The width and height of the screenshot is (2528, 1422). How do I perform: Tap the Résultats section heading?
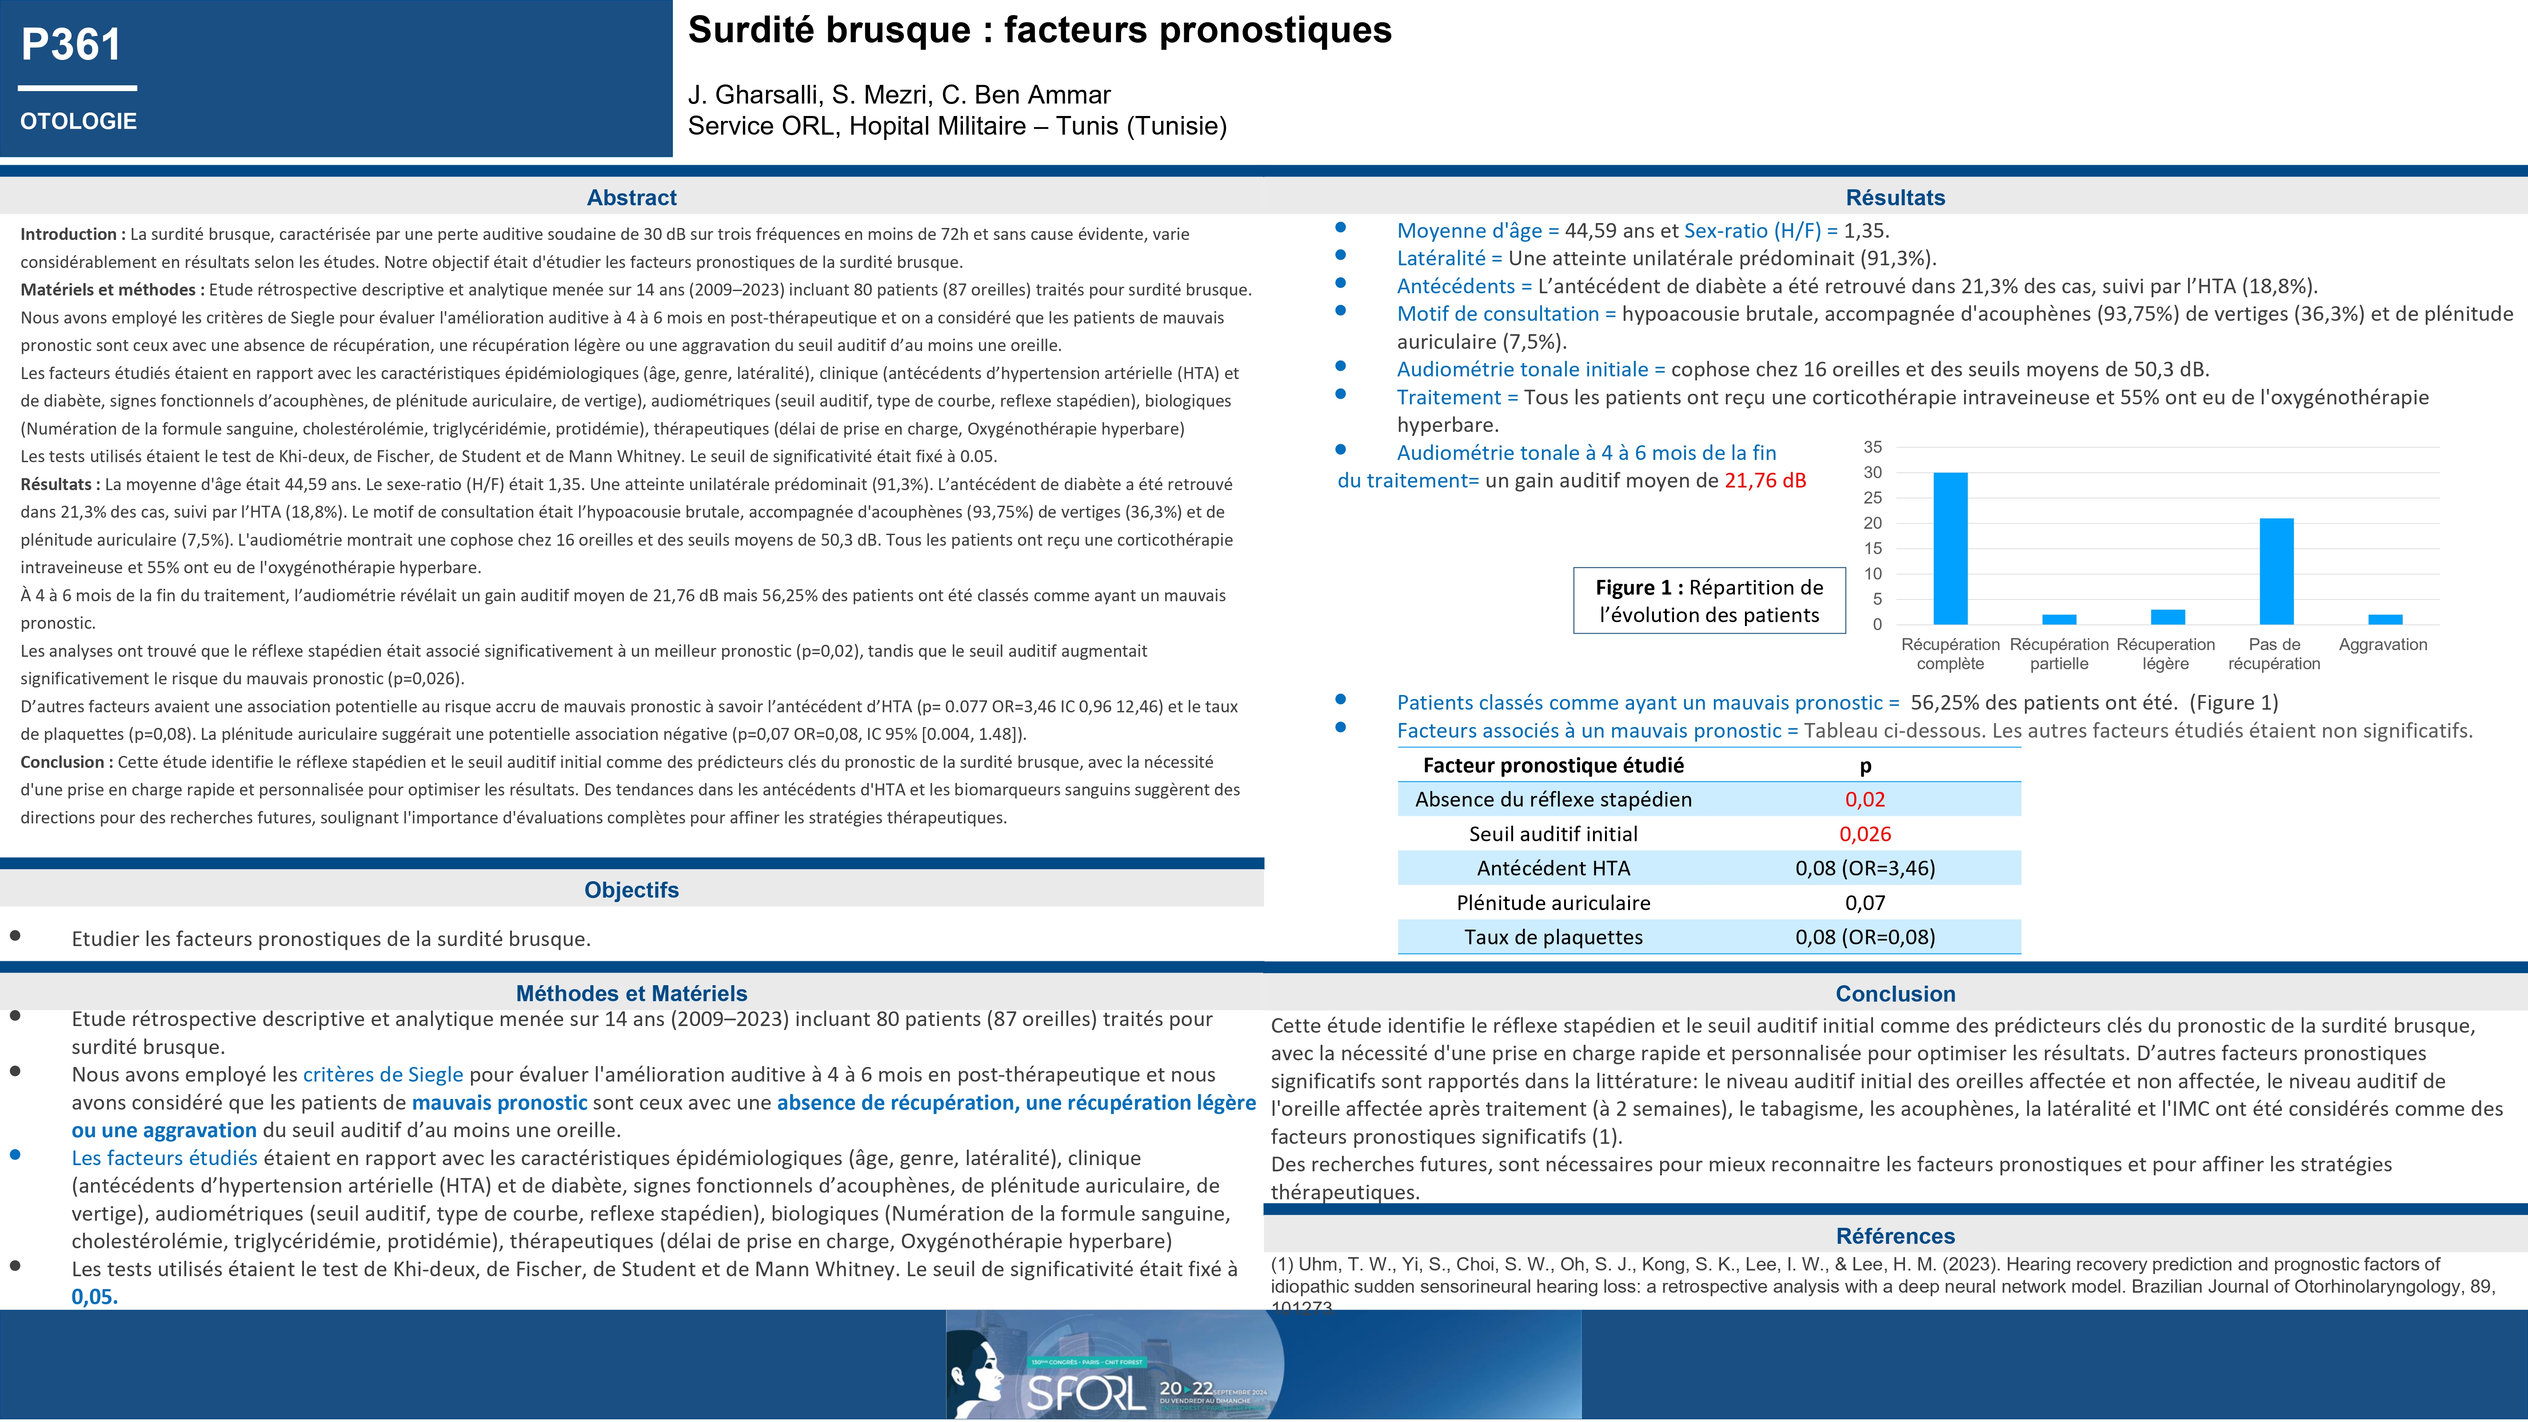coord(1895,197)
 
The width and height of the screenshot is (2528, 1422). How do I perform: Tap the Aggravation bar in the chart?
coord(2385,619)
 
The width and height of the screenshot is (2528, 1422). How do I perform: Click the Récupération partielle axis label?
coord(2059,654)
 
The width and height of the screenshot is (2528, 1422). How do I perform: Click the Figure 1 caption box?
coord(1709,601)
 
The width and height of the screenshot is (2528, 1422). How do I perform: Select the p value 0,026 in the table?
coord(1865,834)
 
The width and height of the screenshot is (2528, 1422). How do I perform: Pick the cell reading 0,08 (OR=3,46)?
coord(1865,868)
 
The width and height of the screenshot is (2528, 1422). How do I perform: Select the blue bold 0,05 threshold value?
coord(94,1296)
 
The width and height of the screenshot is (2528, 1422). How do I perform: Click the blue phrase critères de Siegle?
coord(383,1074)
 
